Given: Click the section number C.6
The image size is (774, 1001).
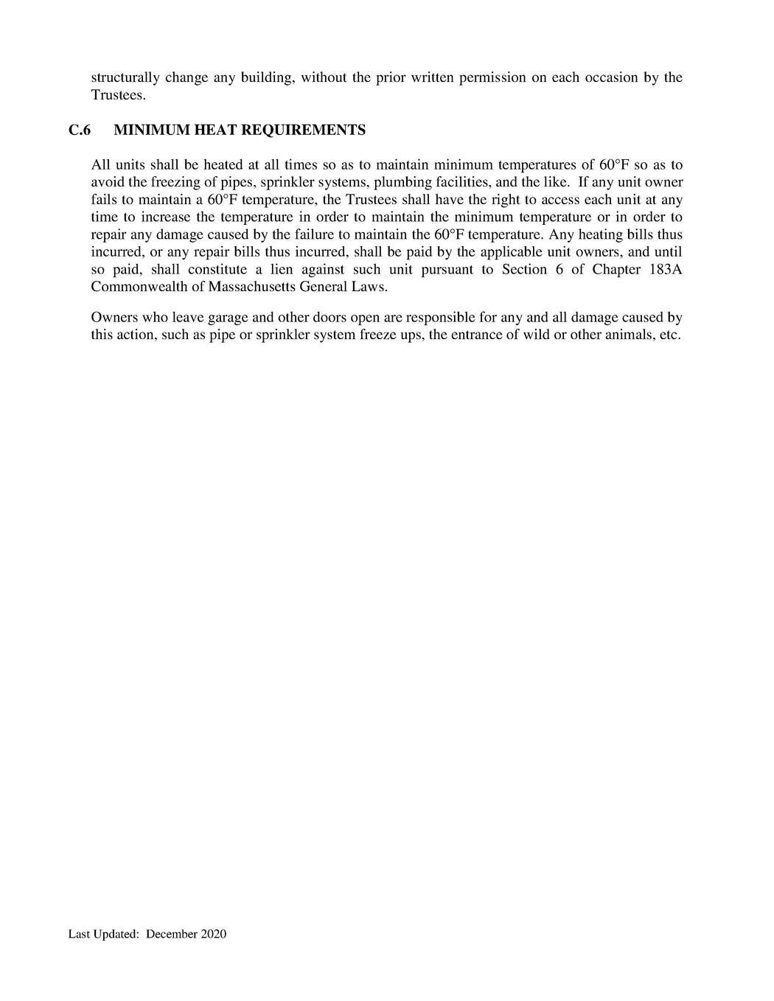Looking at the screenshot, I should click(x=79, y=130).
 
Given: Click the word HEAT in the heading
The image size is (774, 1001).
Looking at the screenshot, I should click(x=215, y=130).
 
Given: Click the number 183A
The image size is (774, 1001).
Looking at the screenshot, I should click(x=666, y=269).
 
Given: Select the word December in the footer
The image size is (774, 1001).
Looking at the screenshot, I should click(x=172, y=935).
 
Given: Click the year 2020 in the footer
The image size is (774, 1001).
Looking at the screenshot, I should click(x=214, y=935).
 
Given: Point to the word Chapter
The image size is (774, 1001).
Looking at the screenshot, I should click(x=616, y=269).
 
